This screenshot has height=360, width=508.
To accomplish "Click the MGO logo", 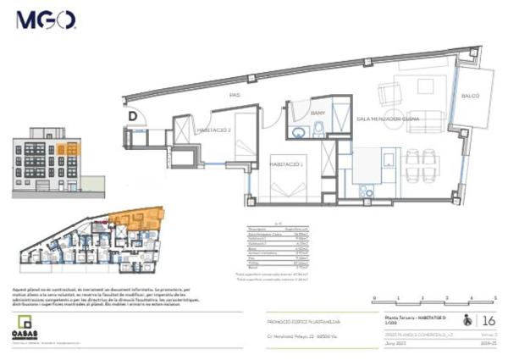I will (46, 19).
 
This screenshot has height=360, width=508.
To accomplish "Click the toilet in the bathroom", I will (318, 130).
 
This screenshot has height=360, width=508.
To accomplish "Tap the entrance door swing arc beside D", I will (143, 117).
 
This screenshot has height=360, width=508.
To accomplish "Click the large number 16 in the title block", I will (488, 321).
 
